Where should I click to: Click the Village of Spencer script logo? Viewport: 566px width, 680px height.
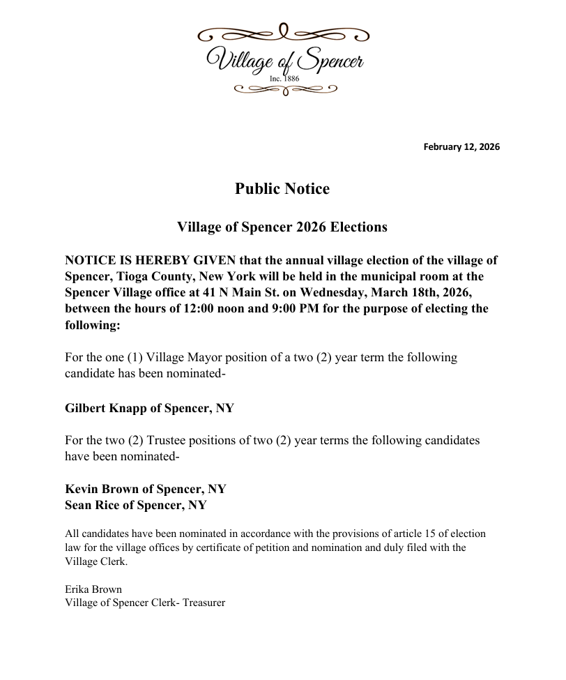[282, 60]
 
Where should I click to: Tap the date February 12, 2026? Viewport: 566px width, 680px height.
[461, 147]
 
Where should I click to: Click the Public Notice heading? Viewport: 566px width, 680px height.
[282, 188]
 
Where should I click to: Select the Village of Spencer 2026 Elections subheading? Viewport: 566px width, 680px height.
[282, 227]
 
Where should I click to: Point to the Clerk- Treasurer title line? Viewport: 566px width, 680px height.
[145, 603]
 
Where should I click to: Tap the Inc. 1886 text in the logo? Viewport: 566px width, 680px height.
[284, 79]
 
